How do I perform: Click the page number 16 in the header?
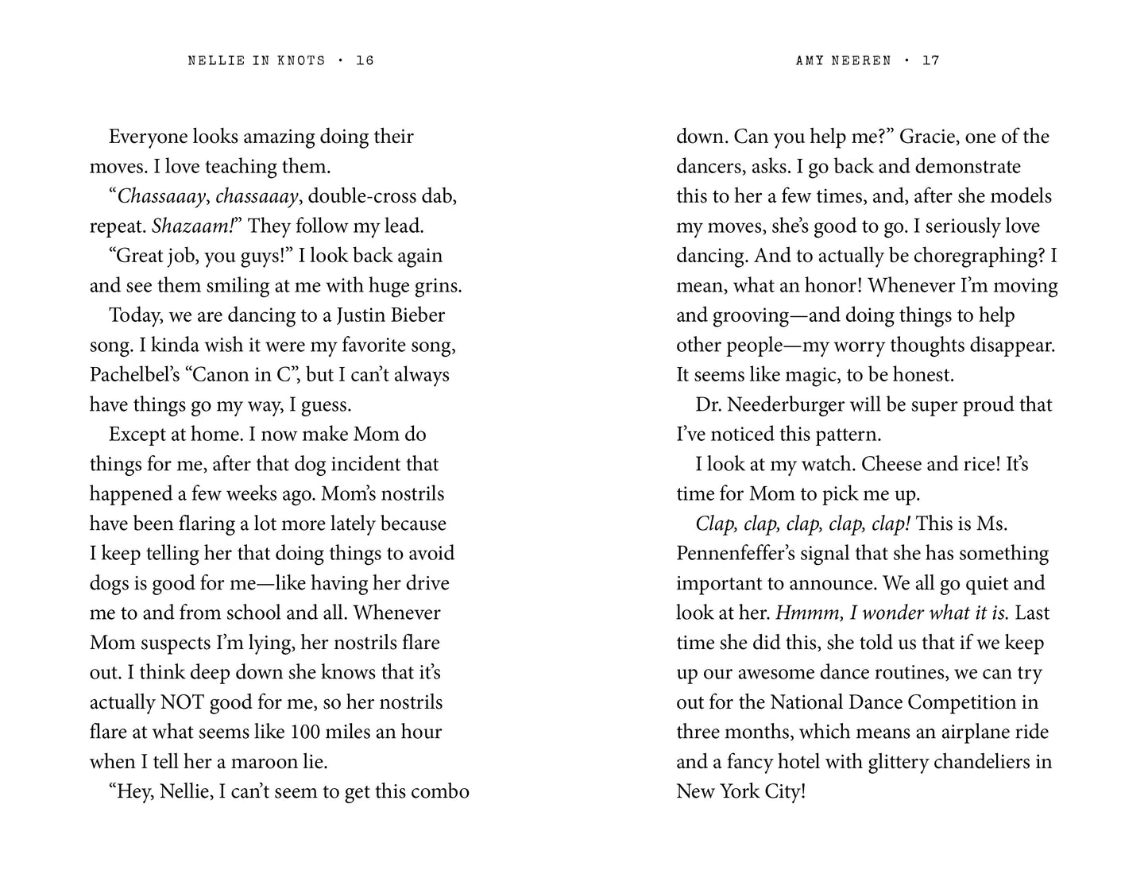[x=365, y=60]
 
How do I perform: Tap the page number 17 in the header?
[x=930, y=60]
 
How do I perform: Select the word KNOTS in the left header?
[x=301, y=60]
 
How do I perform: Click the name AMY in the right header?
[x=810, y=60]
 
